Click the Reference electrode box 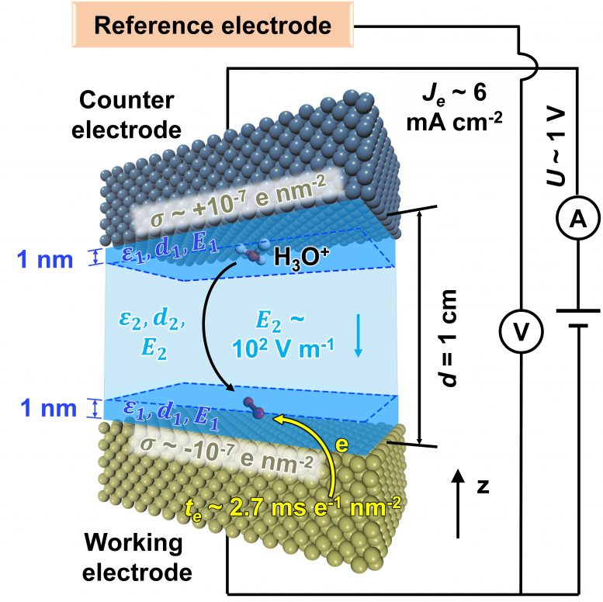pyautogui.click(x=213, y=26)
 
